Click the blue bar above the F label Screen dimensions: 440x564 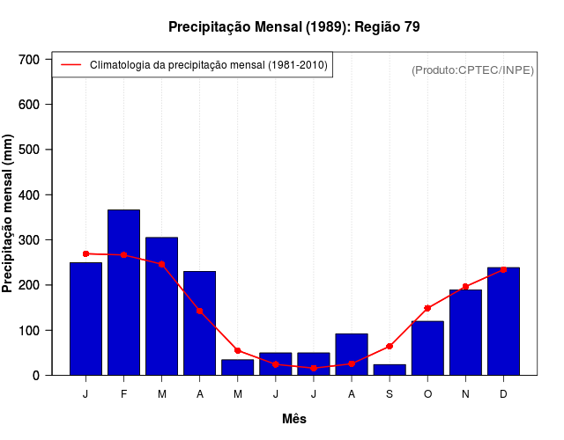(x=123, y=292)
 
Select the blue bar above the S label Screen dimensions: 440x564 (x=390, y=370)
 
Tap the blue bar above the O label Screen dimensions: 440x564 (x=427, y=348)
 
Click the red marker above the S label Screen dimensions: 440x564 (x=390, y=346)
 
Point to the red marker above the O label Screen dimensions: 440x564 (x=427, y=308)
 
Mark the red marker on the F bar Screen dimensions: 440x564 (x=123, y=255)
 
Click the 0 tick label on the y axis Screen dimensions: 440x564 (x=36, y=376)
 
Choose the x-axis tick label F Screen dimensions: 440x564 (x=123, y=394)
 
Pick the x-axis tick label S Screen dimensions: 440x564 (x=390, y=394)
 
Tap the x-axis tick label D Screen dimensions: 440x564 (x=503, y=394)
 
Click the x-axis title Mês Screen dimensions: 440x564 (x=294, y=419)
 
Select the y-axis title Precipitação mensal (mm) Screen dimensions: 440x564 (x=9, y=214)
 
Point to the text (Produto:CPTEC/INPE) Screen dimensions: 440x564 (x=472, y=70)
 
